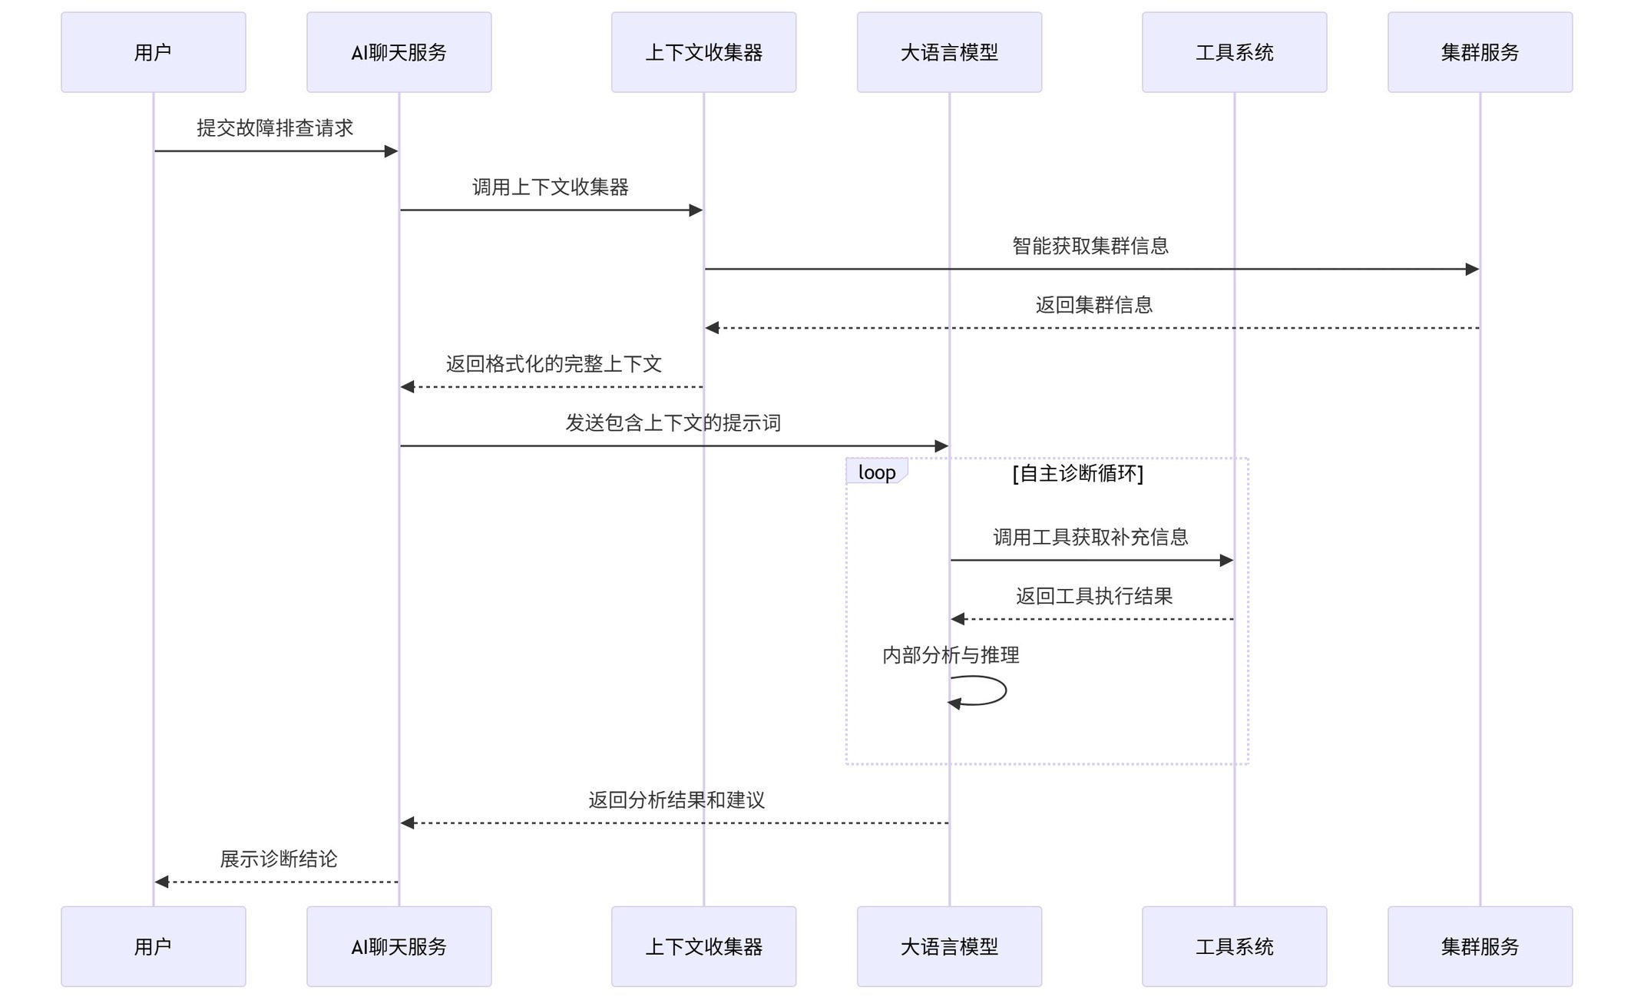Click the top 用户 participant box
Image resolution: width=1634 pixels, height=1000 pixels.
pyautogui.click(x=154, y=52)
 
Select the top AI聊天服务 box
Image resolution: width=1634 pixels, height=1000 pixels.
pyautogui.click(x=399, y=52)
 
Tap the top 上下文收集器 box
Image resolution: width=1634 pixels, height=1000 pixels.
pyautogui.click(x=703, y=52)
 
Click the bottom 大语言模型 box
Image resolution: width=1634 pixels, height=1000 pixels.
pyautogui.click(x=949, y=946)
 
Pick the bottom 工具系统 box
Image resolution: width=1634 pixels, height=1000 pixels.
pyautogui.click(x=1234, y=946)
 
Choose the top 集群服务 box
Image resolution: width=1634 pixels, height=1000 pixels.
pyautogui.click(x=1480, y=52)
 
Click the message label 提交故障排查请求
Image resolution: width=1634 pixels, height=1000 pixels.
pyautogui.click(x=275, y=127)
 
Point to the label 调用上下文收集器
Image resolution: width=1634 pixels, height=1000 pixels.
pyautogui.click(x=551, y=187)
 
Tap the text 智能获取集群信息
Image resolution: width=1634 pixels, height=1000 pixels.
pyautogui.click(x=1090, y=246)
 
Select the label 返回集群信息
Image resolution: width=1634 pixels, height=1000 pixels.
pyautogui.click(x=1094, y=305)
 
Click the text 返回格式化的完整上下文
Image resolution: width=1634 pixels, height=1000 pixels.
pyautogui.click(x=554, y=364)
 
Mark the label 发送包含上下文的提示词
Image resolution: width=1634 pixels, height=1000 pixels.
pyautogui.click(x=673, y=423)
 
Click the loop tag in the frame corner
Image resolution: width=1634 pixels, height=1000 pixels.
pyautogui.click(x=877, y=472)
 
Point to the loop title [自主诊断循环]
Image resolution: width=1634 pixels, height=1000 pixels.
pyautogui.click(x=1078, y=473)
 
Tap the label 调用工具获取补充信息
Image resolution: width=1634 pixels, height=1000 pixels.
pyautogui.click(x=1090, y=537)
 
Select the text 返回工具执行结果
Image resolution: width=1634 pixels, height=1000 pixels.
pyautogui.click(x=1094, y=596)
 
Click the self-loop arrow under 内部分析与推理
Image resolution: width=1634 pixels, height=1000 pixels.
pyautogui.click(x=1006, y=690)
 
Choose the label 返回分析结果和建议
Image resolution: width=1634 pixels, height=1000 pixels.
pyautogui.click(x=676, y=800)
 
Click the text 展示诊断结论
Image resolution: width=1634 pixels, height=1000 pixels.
pyautogui.click(x=278, y=859)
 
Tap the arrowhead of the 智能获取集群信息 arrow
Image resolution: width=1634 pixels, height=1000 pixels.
pyautogui.click(x=1472, y=269)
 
